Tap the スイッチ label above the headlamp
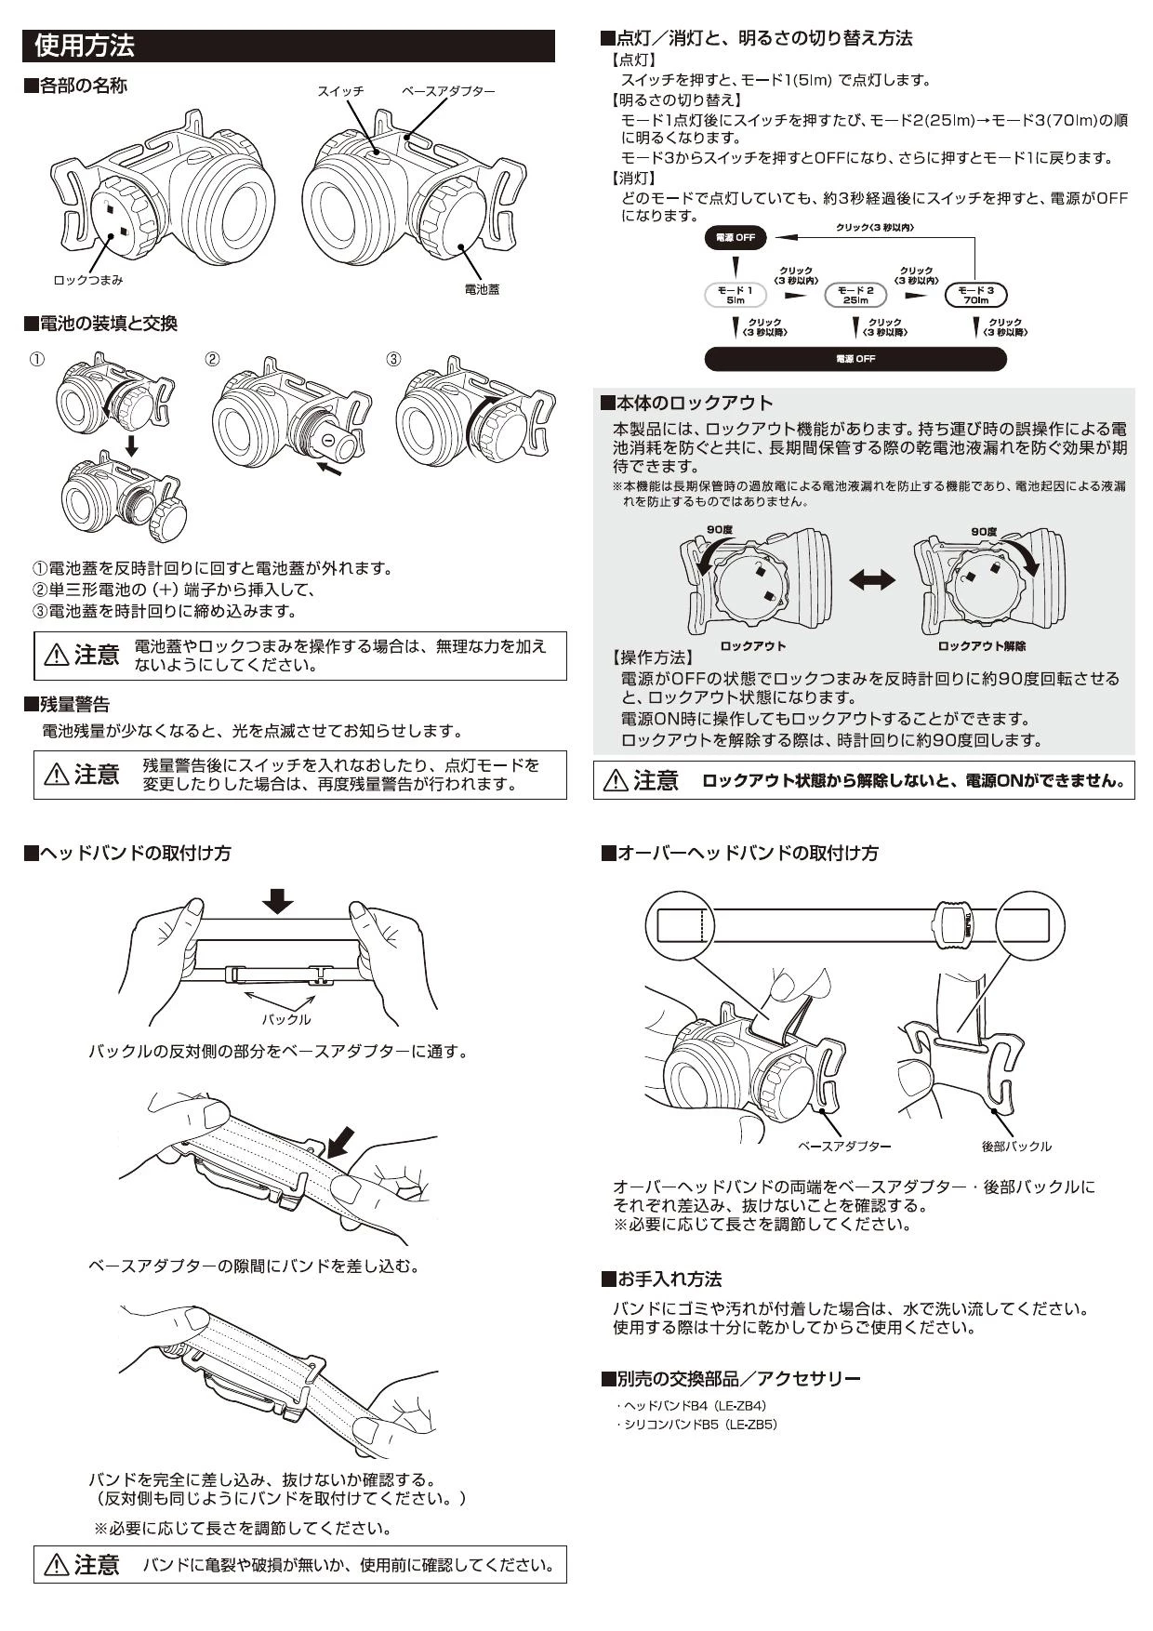click(340, 91)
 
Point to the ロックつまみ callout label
click(87, 280)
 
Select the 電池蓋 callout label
click(482, 289)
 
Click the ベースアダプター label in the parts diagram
click(448, 91)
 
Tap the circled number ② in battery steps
click(212, 360)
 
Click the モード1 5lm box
click(736, 295)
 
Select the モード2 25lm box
click(855, 295)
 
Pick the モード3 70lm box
click(975, 295)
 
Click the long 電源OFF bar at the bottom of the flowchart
click(855, 359)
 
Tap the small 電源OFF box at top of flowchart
click(736, 238)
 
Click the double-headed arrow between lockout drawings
click(872, 580)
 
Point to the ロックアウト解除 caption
click(981, 646)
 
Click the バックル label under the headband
click(286, 1019)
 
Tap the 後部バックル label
click(1016, 1147)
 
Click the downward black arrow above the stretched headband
click(277, 900)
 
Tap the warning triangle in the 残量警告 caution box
click(56, 774)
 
